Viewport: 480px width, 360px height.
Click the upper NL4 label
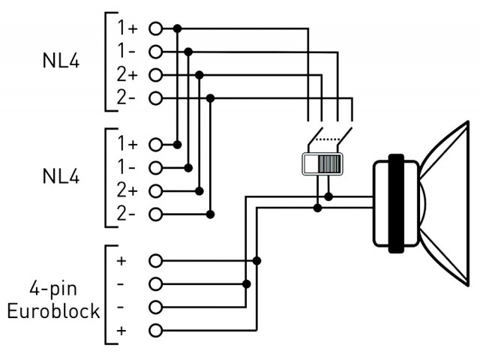tap(61, 61)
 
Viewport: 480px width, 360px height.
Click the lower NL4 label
tap(61, 176)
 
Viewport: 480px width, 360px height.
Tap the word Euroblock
tap(53, 311)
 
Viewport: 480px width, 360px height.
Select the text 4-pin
tap(53, 289)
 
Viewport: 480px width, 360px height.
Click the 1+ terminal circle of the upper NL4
tap(155, 28)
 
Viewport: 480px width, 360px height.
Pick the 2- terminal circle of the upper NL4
tap(155, 98)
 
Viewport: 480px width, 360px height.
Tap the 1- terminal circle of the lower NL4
tap(155, 168)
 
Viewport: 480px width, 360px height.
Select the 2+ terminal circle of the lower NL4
tap(155, 191)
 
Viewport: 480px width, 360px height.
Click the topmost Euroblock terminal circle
tap(155, 261)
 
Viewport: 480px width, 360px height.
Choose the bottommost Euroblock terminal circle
tap(155, 330)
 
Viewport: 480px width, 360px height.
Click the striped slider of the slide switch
tap(329, 164)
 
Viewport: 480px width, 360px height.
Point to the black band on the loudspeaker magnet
tap(396, 203)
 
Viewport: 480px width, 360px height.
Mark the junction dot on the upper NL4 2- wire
tap(210, 98)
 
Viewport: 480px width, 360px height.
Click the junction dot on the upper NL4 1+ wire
tap(177, 28)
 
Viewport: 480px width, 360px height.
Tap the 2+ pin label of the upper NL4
tap(127, 75)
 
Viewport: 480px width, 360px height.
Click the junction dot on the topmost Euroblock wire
tap(256, 261)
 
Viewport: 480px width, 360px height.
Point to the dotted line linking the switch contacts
tap(327, 139)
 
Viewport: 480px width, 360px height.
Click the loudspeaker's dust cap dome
tap(423, 203)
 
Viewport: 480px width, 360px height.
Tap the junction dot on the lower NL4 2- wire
tap(210, 214)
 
